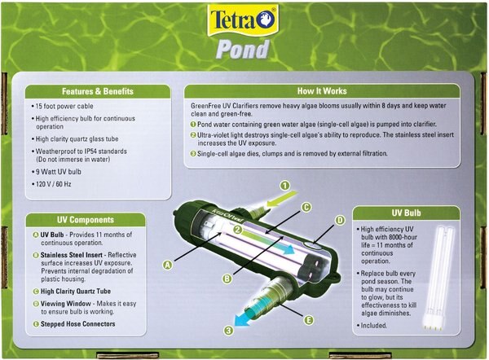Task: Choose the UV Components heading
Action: (x=85, y=220)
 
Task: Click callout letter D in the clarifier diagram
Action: (x=340, y=220)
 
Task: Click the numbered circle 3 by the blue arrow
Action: (x=230, y=331)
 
